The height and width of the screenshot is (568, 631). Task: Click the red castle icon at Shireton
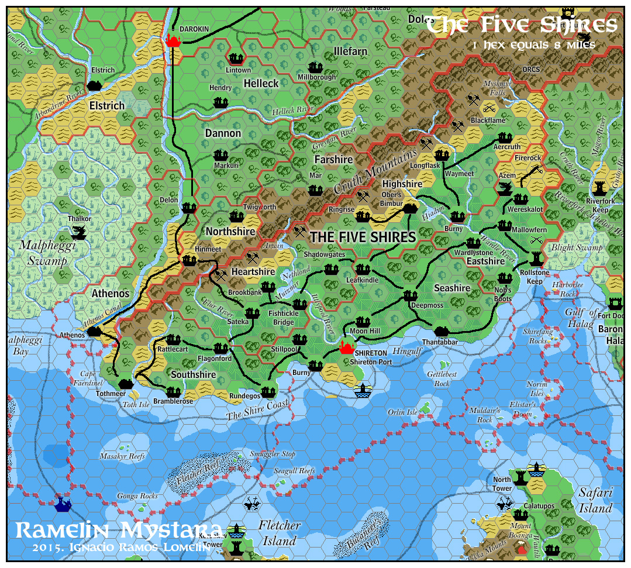tap(347, 349)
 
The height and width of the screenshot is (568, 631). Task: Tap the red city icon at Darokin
tap(173, 40)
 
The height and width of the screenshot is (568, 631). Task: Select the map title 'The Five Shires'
tap(521, 25)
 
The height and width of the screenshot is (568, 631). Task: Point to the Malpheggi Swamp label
tap(43, 253)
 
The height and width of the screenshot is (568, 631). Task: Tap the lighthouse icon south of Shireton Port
tap(363, 391)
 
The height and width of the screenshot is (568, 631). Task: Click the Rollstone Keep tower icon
tap(536, 258)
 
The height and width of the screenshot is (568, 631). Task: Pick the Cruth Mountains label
tap(377, 172)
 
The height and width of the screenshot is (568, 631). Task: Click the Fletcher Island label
tap(279, 533)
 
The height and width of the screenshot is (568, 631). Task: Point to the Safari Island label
tap(595, 500)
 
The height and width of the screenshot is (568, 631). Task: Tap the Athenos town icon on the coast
tap(94, 332)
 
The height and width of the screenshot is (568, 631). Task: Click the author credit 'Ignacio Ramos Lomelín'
tap(121, 548)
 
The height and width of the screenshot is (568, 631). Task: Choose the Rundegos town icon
tap(268, 391)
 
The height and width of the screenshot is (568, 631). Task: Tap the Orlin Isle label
tap(402, 412)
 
